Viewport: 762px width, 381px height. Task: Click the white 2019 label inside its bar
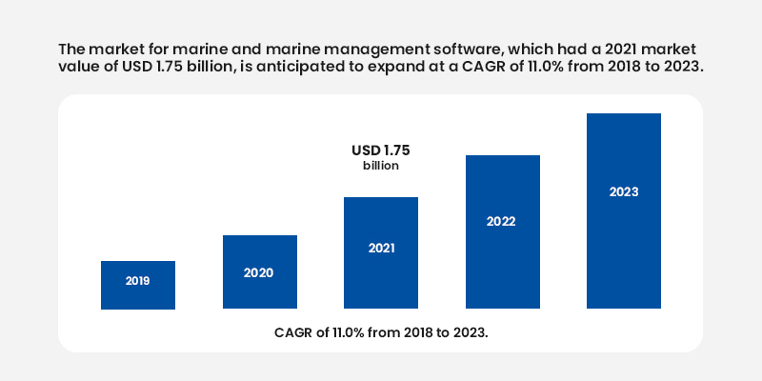click(138, 282)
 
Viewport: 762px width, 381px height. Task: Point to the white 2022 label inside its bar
click(502, 222)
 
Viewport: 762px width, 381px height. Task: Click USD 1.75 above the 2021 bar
click(381, 150)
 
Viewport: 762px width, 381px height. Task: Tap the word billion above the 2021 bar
click(381, 166)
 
